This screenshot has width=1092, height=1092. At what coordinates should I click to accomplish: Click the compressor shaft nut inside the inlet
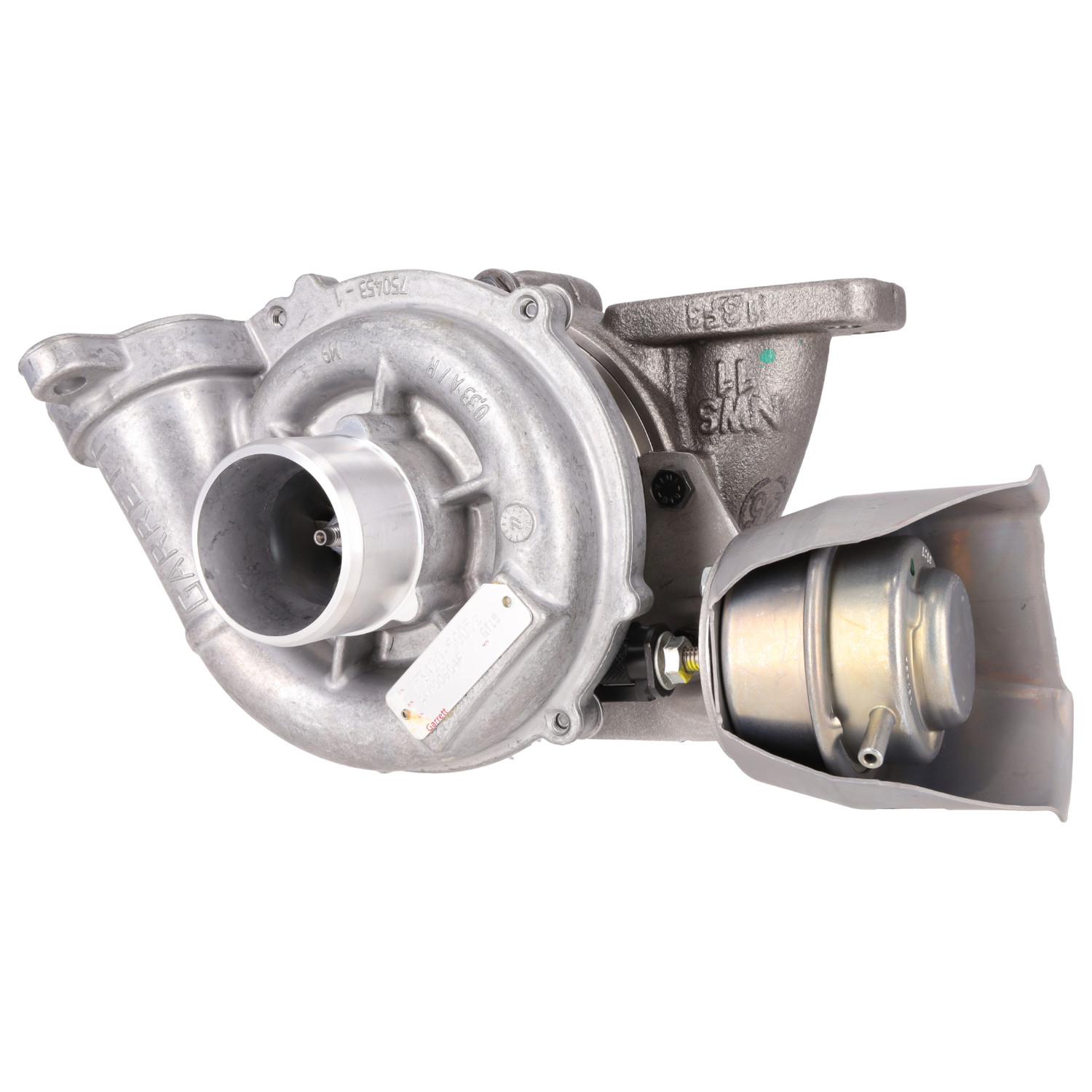point(321,537)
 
